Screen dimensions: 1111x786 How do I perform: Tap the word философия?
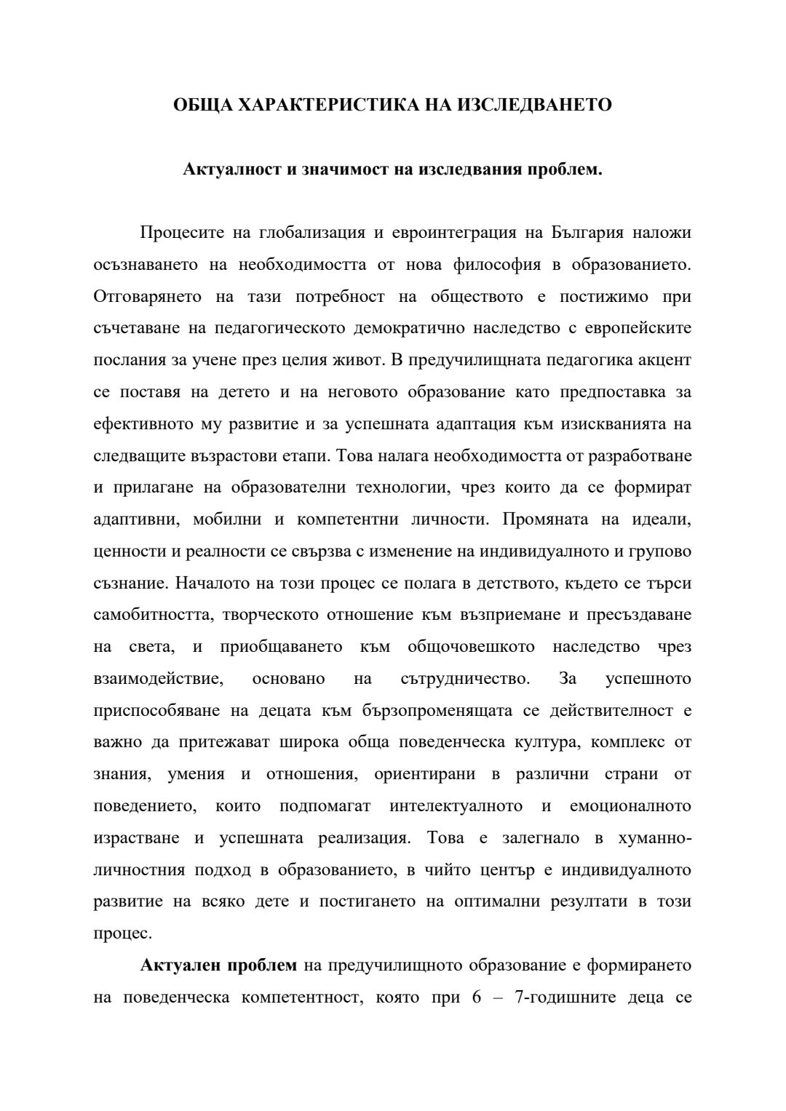point(497,265)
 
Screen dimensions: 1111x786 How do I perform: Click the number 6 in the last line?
point(477,997)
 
